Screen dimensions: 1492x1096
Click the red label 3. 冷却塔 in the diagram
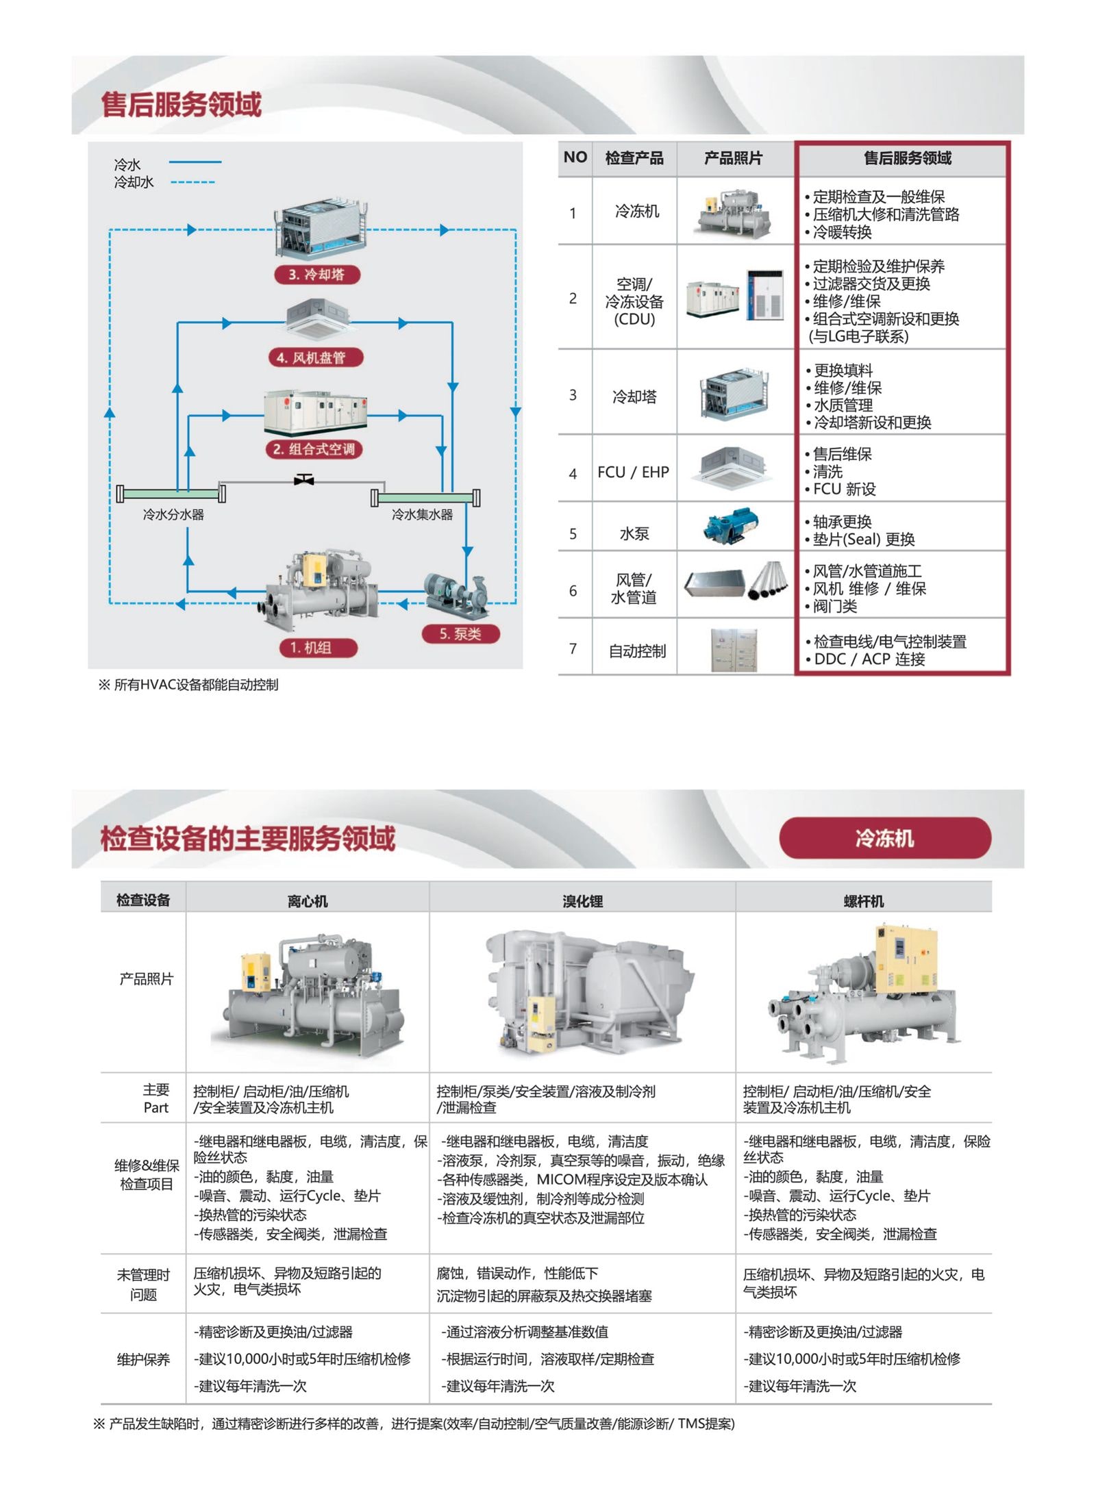316,275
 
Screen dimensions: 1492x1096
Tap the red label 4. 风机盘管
316,357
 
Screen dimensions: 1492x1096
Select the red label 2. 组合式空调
314,449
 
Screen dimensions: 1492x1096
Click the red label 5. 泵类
460,634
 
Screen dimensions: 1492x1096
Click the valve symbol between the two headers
303,480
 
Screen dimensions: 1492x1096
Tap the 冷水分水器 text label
173,514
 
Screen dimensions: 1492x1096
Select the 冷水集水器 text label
422,514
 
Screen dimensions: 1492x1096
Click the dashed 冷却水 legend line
192,182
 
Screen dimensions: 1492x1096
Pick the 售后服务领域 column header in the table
907,159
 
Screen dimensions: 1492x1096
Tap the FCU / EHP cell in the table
633,472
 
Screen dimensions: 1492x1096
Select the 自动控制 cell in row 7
637,650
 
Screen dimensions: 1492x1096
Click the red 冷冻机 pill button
884,838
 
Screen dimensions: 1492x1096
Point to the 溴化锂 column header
582,901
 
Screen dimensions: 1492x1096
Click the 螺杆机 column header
864,901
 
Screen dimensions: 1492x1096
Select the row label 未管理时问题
143,1285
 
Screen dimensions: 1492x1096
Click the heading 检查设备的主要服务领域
248,839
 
